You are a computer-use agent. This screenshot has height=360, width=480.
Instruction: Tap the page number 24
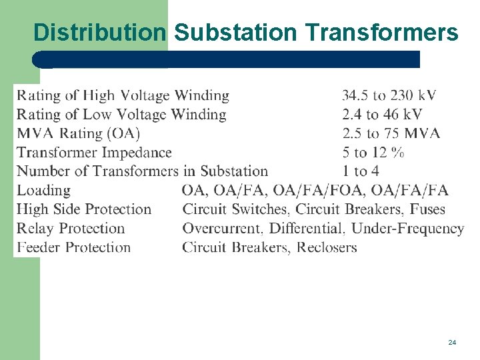tap(452, 342)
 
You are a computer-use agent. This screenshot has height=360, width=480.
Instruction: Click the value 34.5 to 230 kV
tap(389, 96)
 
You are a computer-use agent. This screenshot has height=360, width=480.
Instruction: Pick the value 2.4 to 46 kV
tap(382, 115)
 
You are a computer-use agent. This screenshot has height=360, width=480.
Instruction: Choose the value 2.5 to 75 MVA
tap(391, 133)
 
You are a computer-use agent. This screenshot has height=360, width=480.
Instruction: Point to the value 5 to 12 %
tap(373, 153)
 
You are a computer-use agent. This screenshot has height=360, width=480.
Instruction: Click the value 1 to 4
tap(361, 171)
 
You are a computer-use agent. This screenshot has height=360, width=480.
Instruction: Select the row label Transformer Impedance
tap(94, 153)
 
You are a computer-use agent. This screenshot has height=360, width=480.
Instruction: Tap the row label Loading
tap(43, 191)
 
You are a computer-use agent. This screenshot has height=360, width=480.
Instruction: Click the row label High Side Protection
tap(84, 209)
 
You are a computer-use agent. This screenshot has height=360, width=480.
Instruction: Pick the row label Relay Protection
tap(71, 228)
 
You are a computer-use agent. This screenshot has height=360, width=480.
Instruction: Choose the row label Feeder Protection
tap(73, 247)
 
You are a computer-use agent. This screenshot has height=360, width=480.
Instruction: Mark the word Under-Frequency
tap(407, 228)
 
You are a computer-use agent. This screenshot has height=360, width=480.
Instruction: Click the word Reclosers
tap(327, 247)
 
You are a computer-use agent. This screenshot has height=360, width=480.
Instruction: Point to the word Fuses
tap(427, 209)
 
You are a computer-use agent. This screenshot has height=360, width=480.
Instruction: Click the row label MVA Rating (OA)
tap(78, 133)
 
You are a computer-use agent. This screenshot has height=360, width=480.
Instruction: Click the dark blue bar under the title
tap(227, 59)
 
